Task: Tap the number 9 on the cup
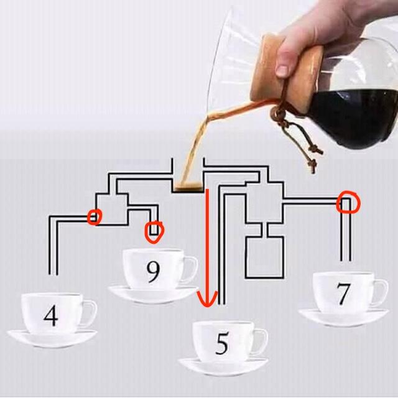153,271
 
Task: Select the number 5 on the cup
222,344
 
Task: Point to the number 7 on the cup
343,294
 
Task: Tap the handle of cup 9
188,268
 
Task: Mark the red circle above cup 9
154,232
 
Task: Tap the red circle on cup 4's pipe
95,216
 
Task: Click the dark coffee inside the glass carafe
354,115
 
